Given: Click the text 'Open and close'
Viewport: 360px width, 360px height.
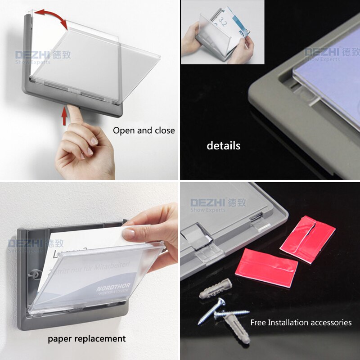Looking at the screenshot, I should [144, 130].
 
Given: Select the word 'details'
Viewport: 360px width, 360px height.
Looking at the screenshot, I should [223, 146].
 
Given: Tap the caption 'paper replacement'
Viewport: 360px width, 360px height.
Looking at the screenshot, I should [87, 338].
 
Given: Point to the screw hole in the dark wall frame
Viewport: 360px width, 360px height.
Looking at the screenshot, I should [36, 273].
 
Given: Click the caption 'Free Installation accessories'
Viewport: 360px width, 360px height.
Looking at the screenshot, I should [301, 322].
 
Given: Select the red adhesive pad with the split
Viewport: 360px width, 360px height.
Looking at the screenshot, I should [308, 238].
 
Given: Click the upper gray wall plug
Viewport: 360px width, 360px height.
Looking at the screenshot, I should [216, 288].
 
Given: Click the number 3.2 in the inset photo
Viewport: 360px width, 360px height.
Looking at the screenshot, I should [222, 21].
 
